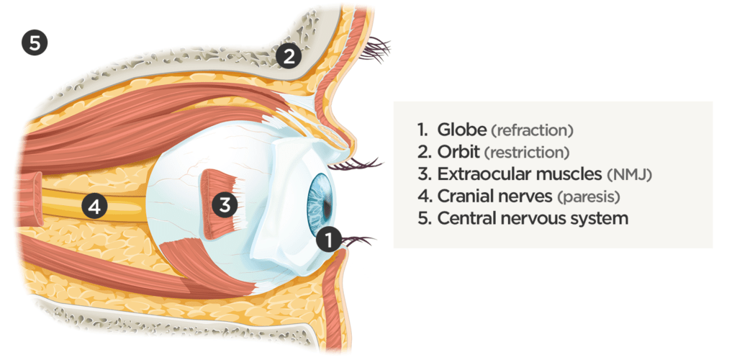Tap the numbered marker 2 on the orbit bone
pyautogui.click(x=288, y=55)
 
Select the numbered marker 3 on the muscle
pyautogui.click(x=225, y=205)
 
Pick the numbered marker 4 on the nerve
pyautogui.click(x=95, y=208)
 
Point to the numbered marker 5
pyautogui.click(x=34, y=42)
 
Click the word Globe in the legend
pyautogui.click(x=461, y=130)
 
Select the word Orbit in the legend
pyautogui.click(x=458, y=152)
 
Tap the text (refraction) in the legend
pyautogui.click(x=532, y=131)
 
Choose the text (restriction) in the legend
pyautogui.click(x=527, y=153)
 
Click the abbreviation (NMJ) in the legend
pyautogui.click(x=633, y=174)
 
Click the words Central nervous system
pyautogui.click(x=533, y=217)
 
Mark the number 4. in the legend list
pyautogui.click(x=423, y=196)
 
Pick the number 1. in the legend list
pyautogui.click(x=423, y=130)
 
